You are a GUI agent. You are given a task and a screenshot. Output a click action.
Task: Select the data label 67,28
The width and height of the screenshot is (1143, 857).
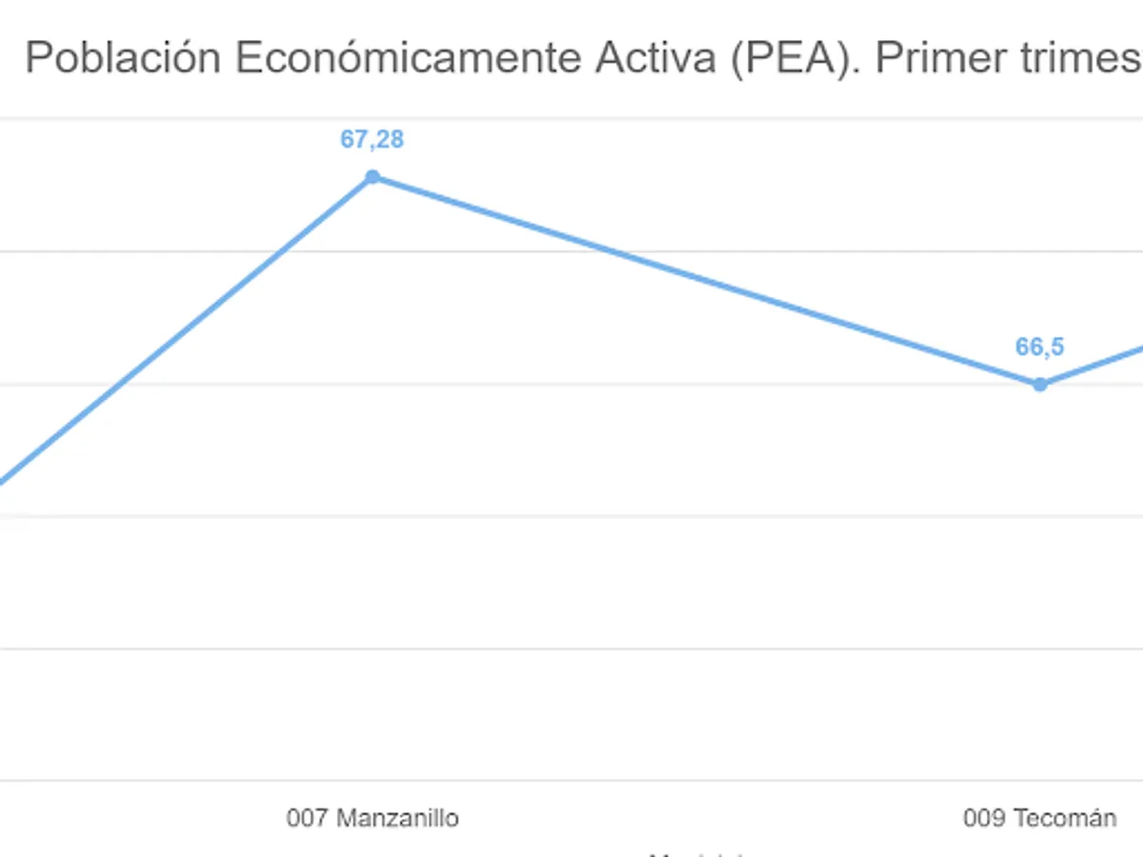click(372, 140)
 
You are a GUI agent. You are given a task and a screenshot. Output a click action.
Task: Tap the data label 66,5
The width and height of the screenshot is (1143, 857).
click(1039, 348)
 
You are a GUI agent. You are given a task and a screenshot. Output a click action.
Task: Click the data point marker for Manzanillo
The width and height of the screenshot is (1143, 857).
click(372, 177)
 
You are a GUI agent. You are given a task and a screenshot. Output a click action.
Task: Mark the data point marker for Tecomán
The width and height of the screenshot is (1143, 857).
click(1040, 385)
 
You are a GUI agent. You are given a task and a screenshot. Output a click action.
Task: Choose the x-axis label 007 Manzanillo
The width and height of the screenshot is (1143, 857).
click(372, 818)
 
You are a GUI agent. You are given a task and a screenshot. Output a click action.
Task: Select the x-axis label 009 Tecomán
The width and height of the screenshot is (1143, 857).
click(1040, 818)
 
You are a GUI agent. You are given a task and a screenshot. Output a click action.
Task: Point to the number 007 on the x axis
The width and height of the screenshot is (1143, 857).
click(308, 818)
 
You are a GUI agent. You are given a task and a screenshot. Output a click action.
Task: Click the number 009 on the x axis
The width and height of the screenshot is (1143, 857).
click(984, 818)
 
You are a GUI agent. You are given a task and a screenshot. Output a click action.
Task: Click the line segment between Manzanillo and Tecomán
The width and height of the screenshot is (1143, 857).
click(705, 281)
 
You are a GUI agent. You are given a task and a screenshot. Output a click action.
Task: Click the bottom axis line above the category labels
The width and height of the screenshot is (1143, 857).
click(571, 781)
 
